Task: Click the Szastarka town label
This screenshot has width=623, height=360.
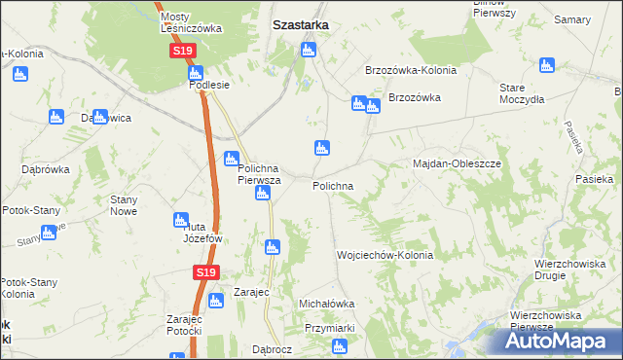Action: tap(300, 26)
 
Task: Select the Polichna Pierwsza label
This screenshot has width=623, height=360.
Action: tap(260, 174)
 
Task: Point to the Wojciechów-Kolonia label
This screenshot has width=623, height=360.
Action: tap(385, 255)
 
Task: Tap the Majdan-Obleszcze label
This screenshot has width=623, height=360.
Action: tap(458, 163)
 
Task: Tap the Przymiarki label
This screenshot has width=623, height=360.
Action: tap(329, 329)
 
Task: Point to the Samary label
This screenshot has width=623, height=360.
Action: tap(573, 19)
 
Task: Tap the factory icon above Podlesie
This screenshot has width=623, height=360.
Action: tap(196, 72)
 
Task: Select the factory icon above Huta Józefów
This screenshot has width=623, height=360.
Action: tap(180, 219)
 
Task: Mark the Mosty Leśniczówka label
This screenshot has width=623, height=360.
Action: tap(191, 23)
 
